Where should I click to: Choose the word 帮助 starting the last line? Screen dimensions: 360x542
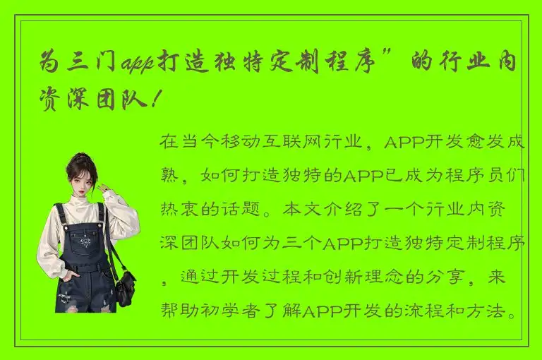pyautogui.click(x=177, y=311)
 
